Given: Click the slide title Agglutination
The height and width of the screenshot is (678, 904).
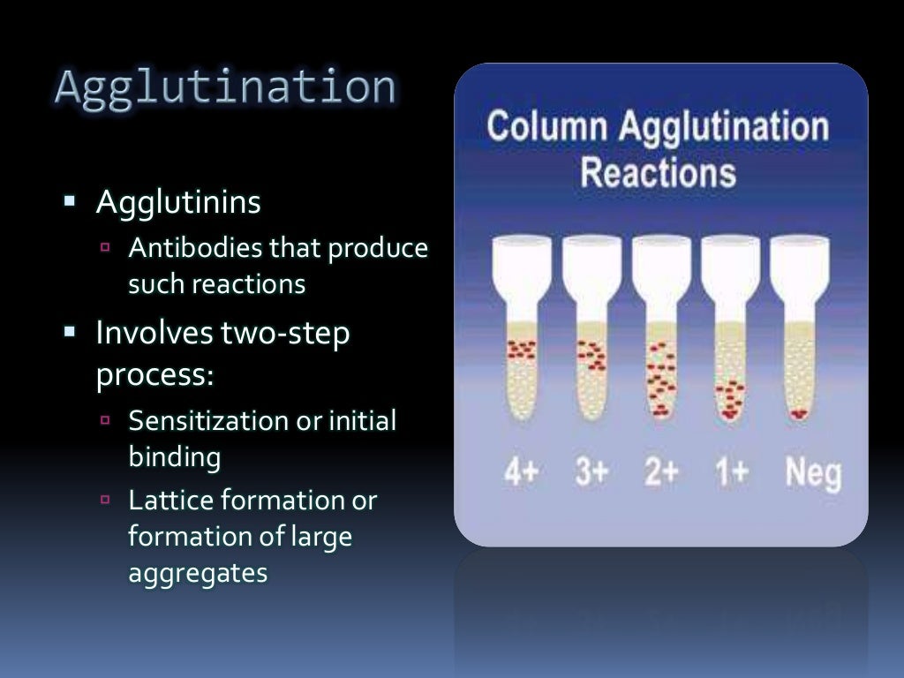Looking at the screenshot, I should point(224,88).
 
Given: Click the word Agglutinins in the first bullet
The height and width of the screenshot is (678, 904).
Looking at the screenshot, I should point(178,203).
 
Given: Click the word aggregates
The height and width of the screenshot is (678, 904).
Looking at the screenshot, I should point(198,573).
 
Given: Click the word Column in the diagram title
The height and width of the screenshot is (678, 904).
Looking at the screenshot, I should point(547,126).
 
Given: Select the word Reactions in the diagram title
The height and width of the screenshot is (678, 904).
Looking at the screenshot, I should point(658,172).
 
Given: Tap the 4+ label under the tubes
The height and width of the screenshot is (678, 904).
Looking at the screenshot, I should point(521,472).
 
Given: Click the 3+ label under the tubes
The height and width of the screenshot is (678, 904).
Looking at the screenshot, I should point(591,472).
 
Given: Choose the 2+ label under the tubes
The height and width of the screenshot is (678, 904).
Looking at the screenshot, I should point(661,472).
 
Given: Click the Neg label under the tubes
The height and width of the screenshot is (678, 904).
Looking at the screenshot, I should point(813,474).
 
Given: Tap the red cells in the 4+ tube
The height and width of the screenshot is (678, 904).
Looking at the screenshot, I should point(521,350).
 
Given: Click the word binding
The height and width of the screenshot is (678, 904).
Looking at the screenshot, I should point(174,457).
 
